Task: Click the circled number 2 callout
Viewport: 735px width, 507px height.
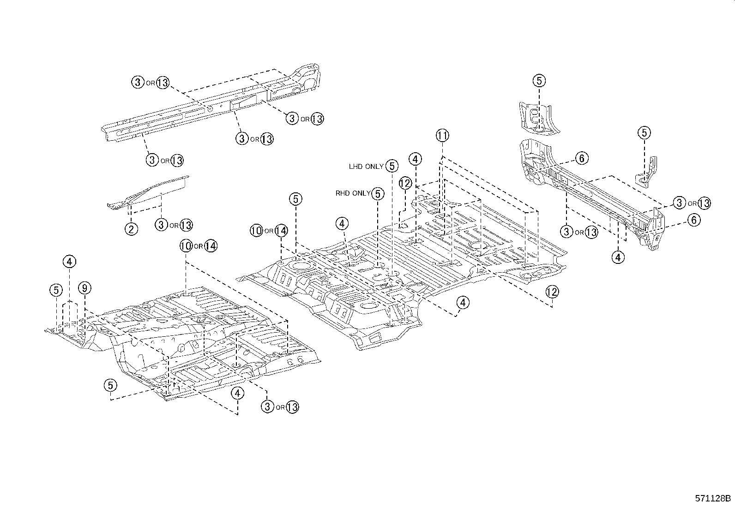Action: pos(131,229)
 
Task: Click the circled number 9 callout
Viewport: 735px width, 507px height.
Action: pos(84,288)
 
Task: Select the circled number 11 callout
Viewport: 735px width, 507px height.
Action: pos(442,136)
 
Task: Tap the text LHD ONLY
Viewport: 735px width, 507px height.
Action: pos(366,167)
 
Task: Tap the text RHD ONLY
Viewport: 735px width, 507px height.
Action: pos(353,194)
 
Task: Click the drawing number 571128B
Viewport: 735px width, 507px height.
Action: pos(713,498)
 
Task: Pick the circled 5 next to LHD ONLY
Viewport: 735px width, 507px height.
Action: pos(392,166)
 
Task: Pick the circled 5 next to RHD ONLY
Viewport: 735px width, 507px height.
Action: pos(378,194)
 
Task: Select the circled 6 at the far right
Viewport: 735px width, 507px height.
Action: pos(694,220)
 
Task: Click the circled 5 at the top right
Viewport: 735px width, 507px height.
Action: pos(539,81)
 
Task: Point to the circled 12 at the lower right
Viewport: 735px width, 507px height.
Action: pos(552,292)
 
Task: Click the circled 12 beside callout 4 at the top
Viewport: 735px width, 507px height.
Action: pos(405,183)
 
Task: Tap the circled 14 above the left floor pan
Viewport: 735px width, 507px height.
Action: pos(210,246)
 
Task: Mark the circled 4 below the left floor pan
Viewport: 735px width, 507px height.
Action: pos(237,393)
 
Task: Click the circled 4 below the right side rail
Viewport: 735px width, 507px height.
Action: pos(618,256)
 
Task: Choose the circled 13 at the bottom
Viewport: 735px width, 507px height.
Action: pos(292,407)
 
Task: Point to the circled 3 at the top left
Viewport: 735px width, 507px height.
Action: pos(138,83)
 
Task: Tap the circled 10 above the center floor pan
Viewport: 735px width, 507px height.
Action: pos(257,230)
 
